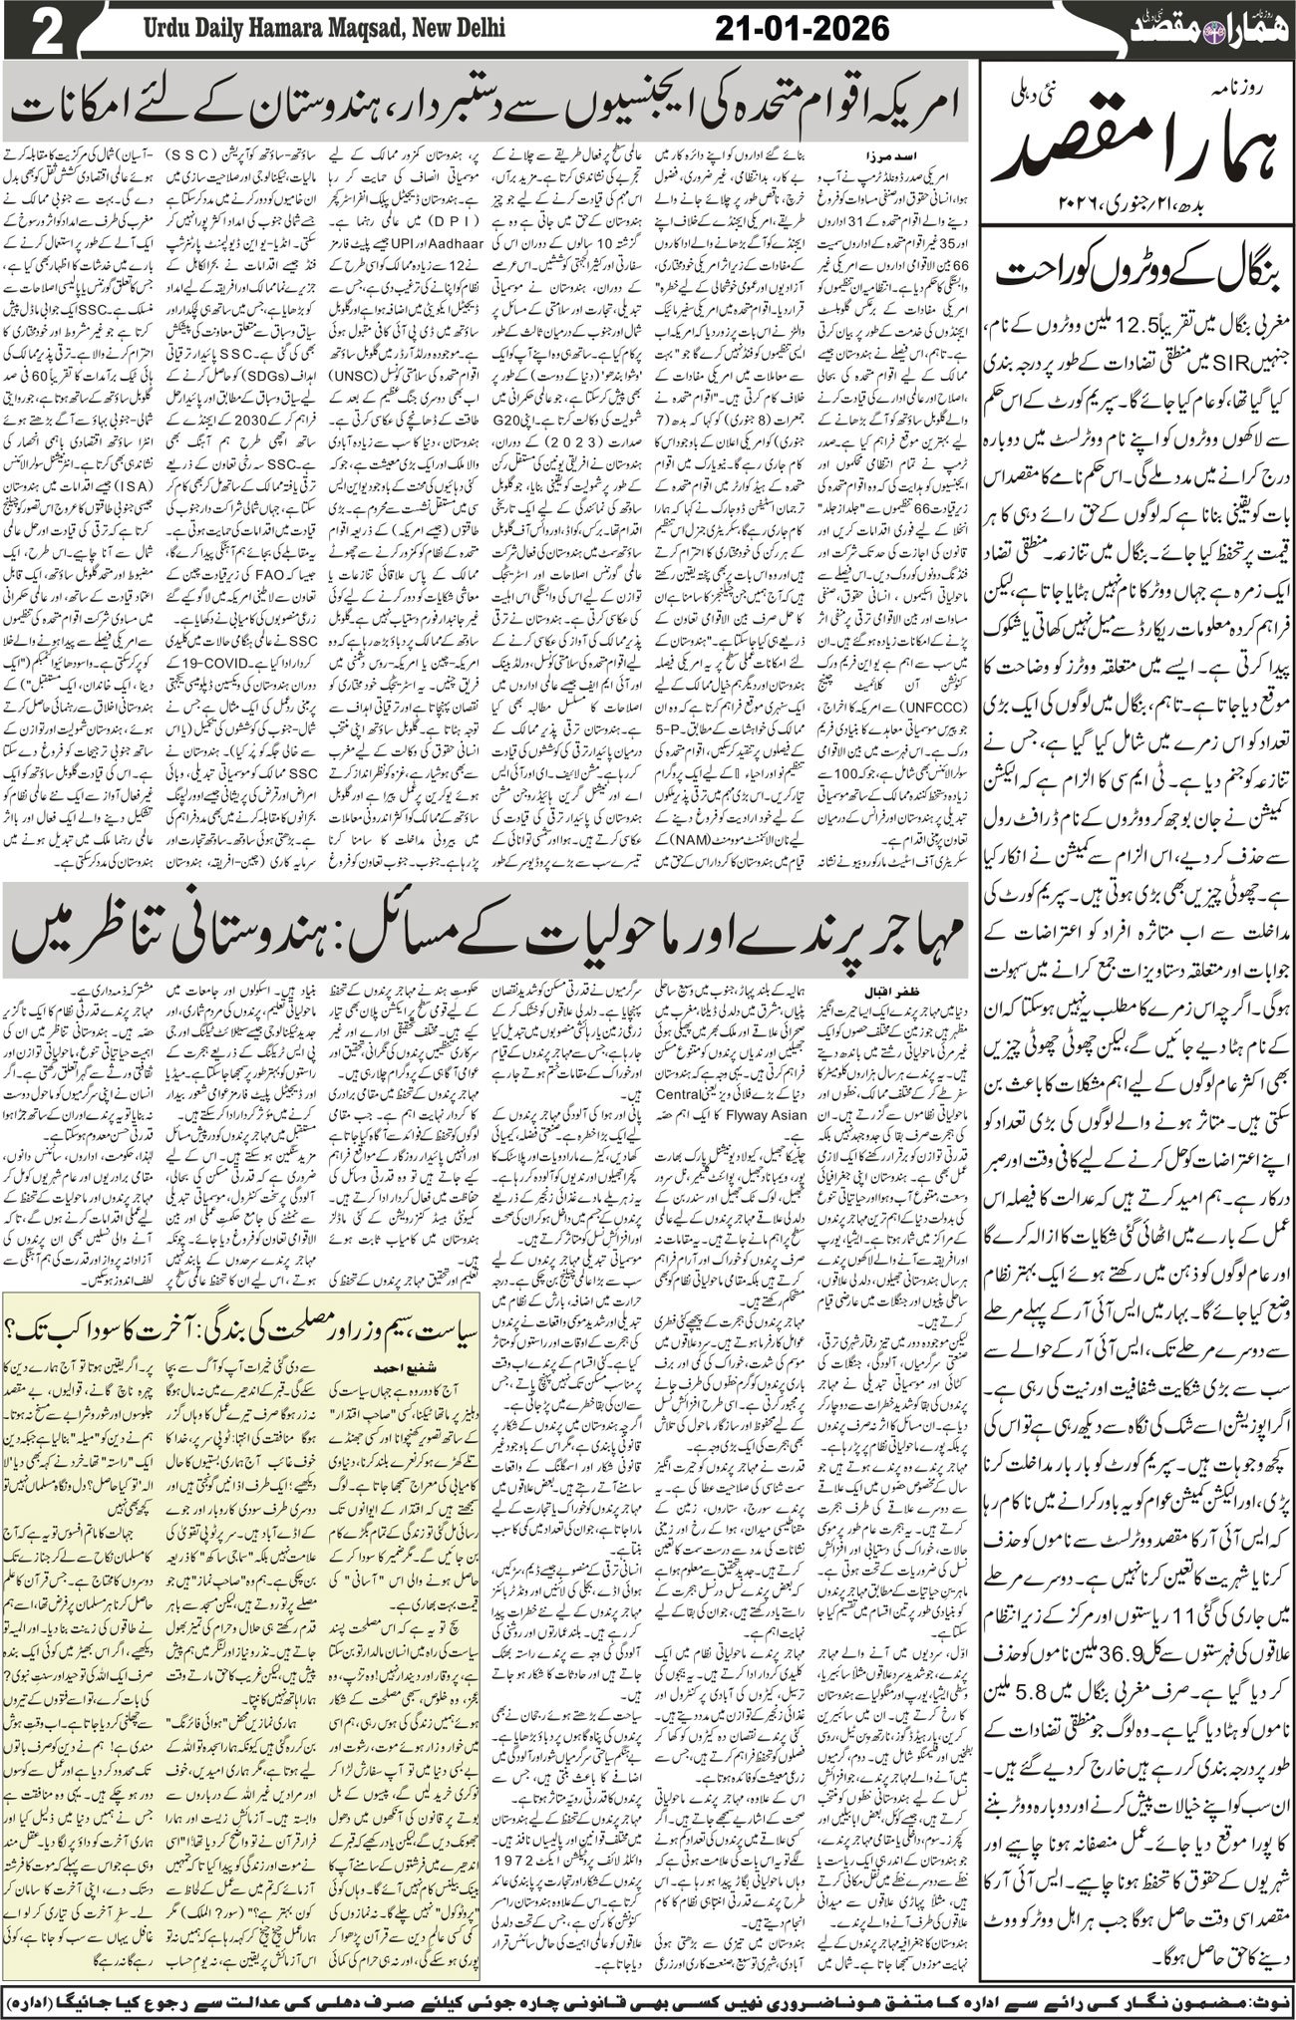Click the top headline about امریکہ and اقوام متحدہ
(488, 107)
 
